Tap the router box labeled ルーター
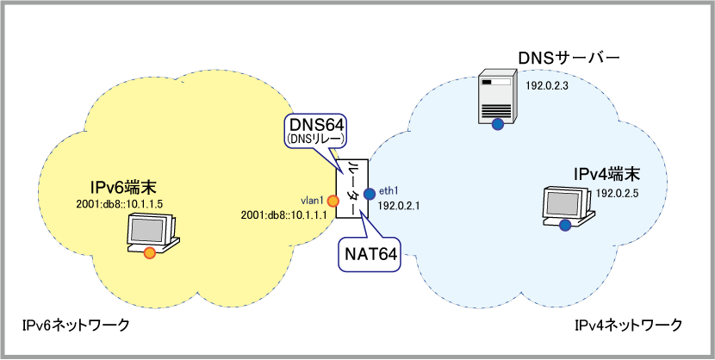[x=351, y=189]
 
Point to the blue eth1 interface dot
[x=369, y=193]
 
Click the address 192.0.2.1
[x=398, y=208]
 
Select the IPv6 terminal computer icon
[x=152, y=233]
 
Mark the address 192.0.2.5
[x=617, y=192]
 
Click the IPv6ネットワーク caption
[x=77, y=325]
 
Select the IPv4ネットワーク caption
[x=628, y=325]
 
